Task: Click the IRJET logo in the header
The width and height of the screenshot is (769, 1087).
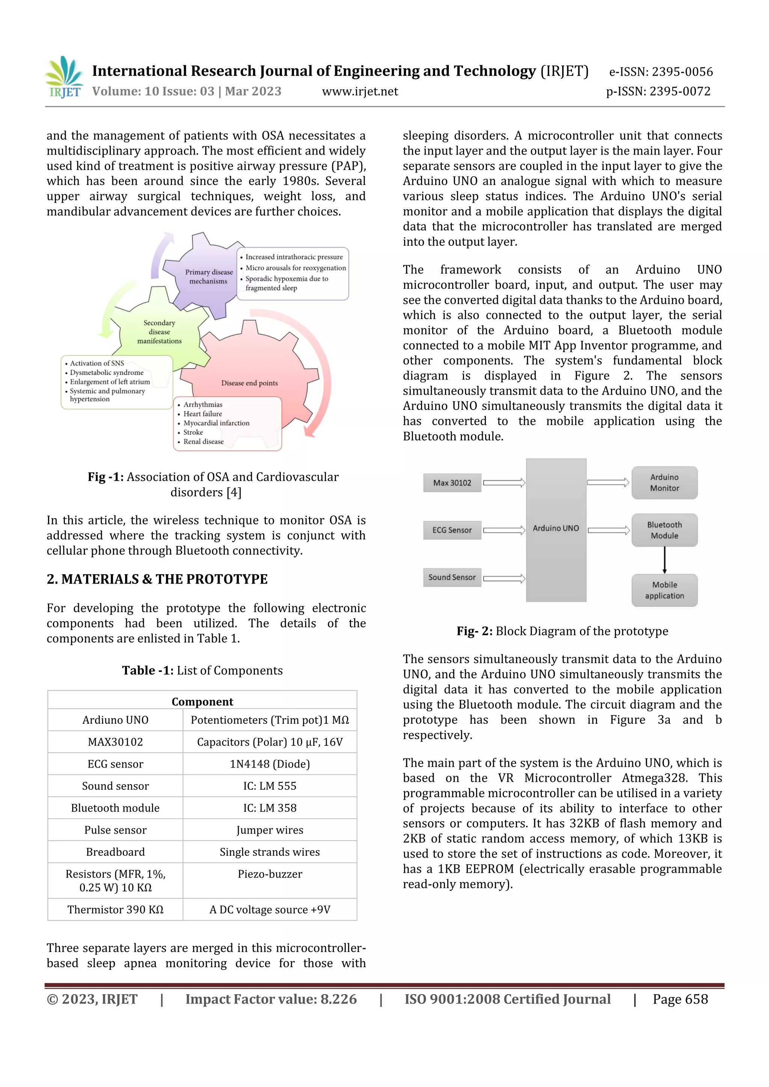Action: (x=65, y=77)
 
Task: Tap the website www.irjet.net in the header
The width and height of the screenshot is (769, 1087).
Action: (x=360, y=91)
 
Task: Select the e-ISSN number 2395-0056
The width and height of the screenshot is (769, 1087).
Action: (x=682, y=72)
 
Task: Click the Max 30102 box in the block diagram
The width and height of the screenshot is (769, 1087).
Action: (x=452, y=483)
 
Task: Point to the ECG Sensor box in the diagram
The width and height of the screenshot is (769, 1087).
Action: (x=452, y=530)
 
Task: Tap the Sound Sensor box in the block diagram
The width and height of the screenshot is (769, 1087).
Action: (x=452, y=578)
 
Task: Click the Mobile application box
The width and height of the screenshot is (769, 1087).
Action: (x=664, y=590)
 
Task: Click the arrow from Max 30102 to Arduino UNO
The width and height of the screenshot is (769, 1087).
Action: (x=504, y=483)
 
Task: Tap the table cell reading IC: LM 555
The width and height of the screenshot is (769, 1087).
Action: (x=270, y=786)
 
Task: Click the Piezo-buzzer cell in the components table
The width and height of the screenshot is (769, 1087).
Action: (x=270, y=874)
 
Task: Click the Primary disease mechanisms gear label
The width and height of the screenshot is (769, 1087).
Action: (x=209, y=277)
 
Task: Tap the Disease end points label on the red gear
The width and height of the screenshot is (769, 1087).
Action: (x=250, y=383)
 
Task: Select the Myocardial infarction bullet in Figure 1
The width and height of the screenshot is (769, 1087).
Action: (x=216, y=423)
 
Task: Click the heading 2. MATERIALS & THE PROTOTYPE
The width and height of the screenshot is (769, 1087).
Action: (x=157, y=579)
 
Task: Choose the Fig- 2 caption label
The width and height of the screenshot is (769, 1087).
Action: (x=474, y=631)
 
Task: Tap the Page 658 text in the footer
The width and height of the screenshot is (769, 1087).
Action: (x=680, y=1000)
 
